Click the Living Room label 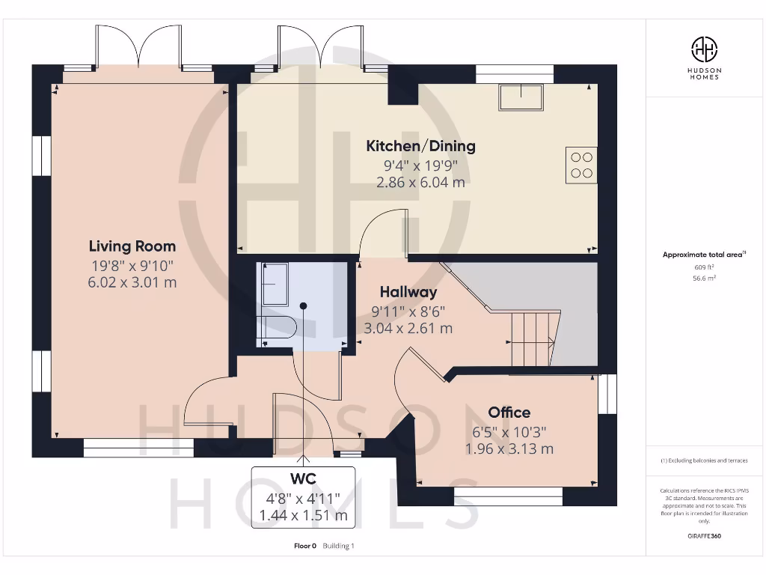coord(132,246)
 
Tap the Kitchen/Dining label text coord(420,146)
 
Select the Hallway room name coord(408,292)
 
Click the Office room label coord(509,413)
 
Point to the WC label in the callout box coord(303,478)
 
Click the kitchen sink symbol coord(521,97)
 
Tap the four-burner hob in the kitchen coord(581,165)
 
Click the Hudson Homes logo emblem coord(703,50)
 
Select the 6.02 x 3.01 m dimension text coord(132,282)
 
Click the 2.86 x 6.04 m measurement coord(420,182)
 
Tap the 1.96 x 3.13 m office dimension coord(509,449)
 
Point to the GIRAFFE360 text coord(703,536)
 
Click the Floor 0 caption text coord(305,546)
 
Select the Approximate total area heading coord(702,255)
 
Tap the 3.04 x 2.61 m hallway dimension coord(408,328)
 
